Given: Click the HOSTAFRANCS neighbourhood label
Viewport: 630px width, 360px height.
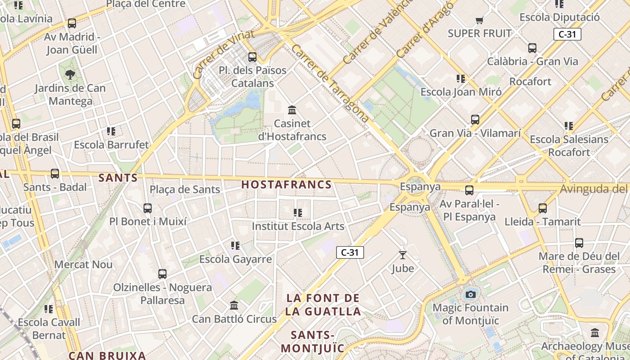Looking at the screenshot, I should (287, 184).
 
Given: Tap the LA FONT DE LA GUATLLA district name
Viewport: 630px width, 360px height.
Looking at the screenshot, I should (323, 305).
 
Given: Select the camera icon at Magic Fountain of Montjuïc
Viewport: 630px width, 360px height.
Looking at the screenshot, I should (470, 294).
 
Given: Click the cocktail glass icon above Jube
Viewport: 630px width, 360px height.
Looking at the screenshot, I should (402, 255).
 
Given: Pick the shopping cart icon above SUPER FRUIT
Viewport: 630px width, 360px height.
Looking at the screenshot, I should (479, 20).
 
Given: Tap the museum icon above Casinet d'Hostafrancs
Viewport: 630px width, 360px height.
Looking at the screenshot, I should (292, 110).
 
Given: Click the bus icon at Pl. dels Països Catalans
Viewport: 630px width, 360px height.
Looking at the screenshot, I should (252, 57).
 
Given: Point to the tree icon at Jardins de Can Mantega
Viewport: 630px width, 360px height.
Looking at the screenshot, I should (70, 74).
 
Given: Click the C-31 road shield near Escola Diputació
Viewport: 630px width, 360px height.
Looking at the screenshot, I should (567, 34).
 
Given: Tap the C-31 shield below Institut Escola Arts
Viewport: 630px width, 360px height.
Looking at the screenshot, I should (350, 252).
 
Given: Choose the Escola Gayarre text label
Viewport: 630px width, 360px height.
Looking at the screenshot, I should (235, 259).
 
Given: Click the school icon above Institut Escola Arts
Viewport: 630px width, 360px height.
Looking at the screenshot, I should (297, 212).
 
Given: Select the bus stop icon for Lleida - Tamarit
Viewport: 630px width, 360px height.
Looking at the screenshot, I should (543, 208).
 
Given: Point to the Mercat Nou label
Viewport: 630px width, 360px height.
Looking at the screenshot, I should (83, 264).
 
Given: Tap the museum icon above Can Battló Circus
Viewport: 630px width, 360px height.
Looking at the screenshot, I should (234, 306).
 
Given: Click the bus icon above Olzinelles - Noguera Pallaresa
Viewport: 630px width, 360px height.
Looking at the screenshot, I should (162, 274).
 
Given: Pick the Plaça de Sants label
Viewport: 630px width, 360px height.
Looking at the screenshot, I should (185, 189).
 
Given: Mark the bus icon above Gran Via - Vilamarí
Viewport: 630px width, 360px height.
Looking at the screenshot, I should (475, 120).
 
